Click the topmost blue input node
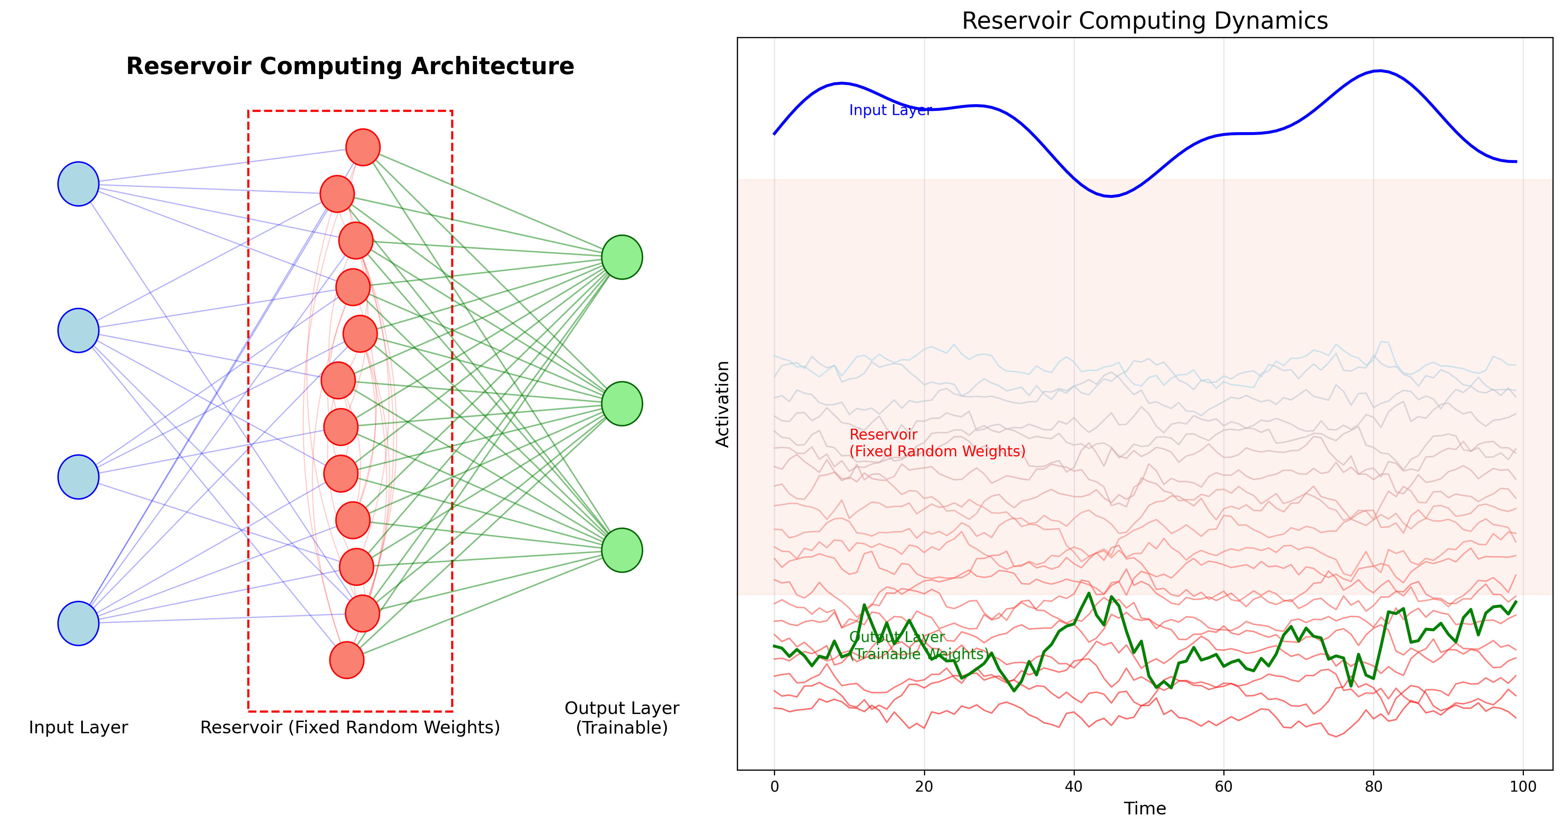(78, 184)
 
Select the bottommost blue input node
(78, 623)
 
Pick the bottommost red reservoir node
(347, 660)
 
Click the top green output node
(622, 257)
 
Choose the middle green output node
(622, 404)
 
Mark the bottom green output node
(622, 550)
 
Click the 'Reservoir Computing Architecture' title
(350, 66)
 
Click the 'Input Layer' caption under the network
(78, 727)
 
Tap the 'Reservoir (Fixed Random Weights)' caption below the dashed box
(350, 727)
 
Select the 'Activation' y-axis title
(722, 404)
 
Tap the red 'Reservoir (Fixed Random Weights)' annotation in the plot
(937, 443)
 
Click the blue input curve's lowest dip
(1110, 196)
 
